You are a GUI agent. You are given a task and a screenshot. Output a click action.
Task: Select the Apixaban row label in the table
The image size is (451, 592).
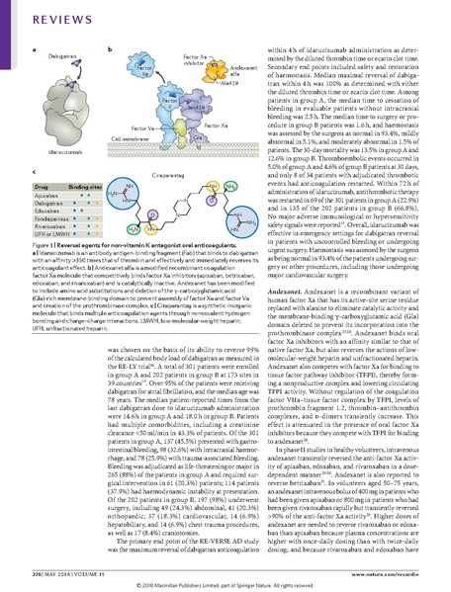[x=44, y=196]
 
